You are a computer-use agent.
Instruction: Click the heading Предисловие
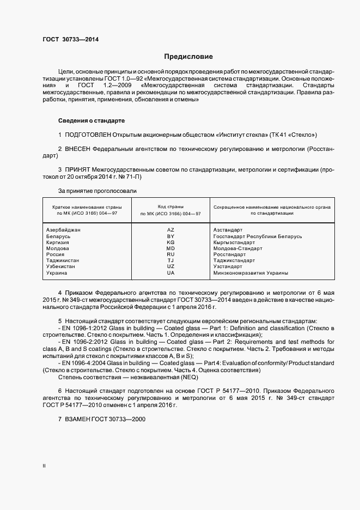pos(188,57)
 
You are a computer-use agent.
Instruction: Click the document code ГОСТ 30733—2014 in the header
pos(70,39)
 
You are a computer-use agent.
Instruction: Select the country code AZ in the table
pos(170,230)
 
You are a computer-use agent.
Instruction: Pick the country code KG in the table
pos(170,242)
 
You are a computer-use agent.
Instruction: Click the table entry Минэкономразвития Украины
pos(251,272)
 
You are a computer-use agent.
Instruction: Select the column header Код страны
pos(170,207)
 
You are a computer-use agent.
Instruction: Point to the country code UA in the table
pos(170,272)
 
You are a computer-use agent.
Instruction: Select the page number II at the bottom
pos(44,466)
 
